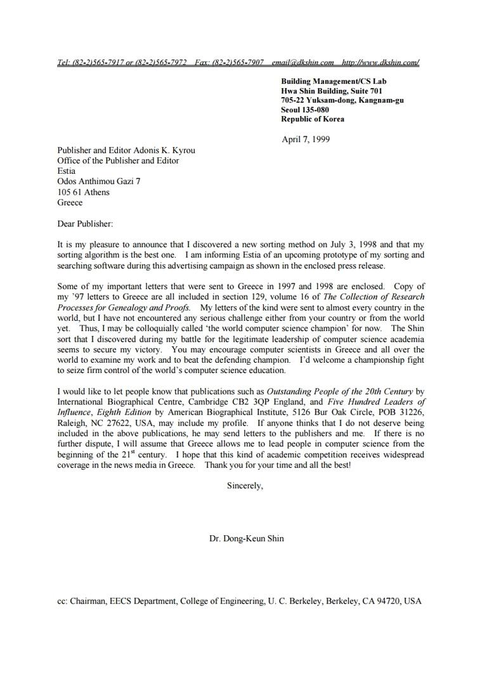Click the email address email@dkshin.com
click(303, 63)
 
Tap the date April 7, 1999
click(306, 139)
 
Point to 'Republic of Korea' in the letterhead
click(313, 119)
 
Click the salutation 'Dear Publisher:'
click(86, 223)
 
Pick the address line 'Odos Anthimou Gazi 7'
click(99, 182)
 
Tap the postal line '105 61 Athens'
click(83, 192)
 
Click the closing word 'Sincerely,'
click(245, 486)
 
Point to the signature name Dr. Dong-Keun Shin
click(247, 539)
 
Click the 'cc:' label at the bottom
click(63, 600)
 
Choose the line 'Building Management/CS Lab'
click(334, 81)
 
